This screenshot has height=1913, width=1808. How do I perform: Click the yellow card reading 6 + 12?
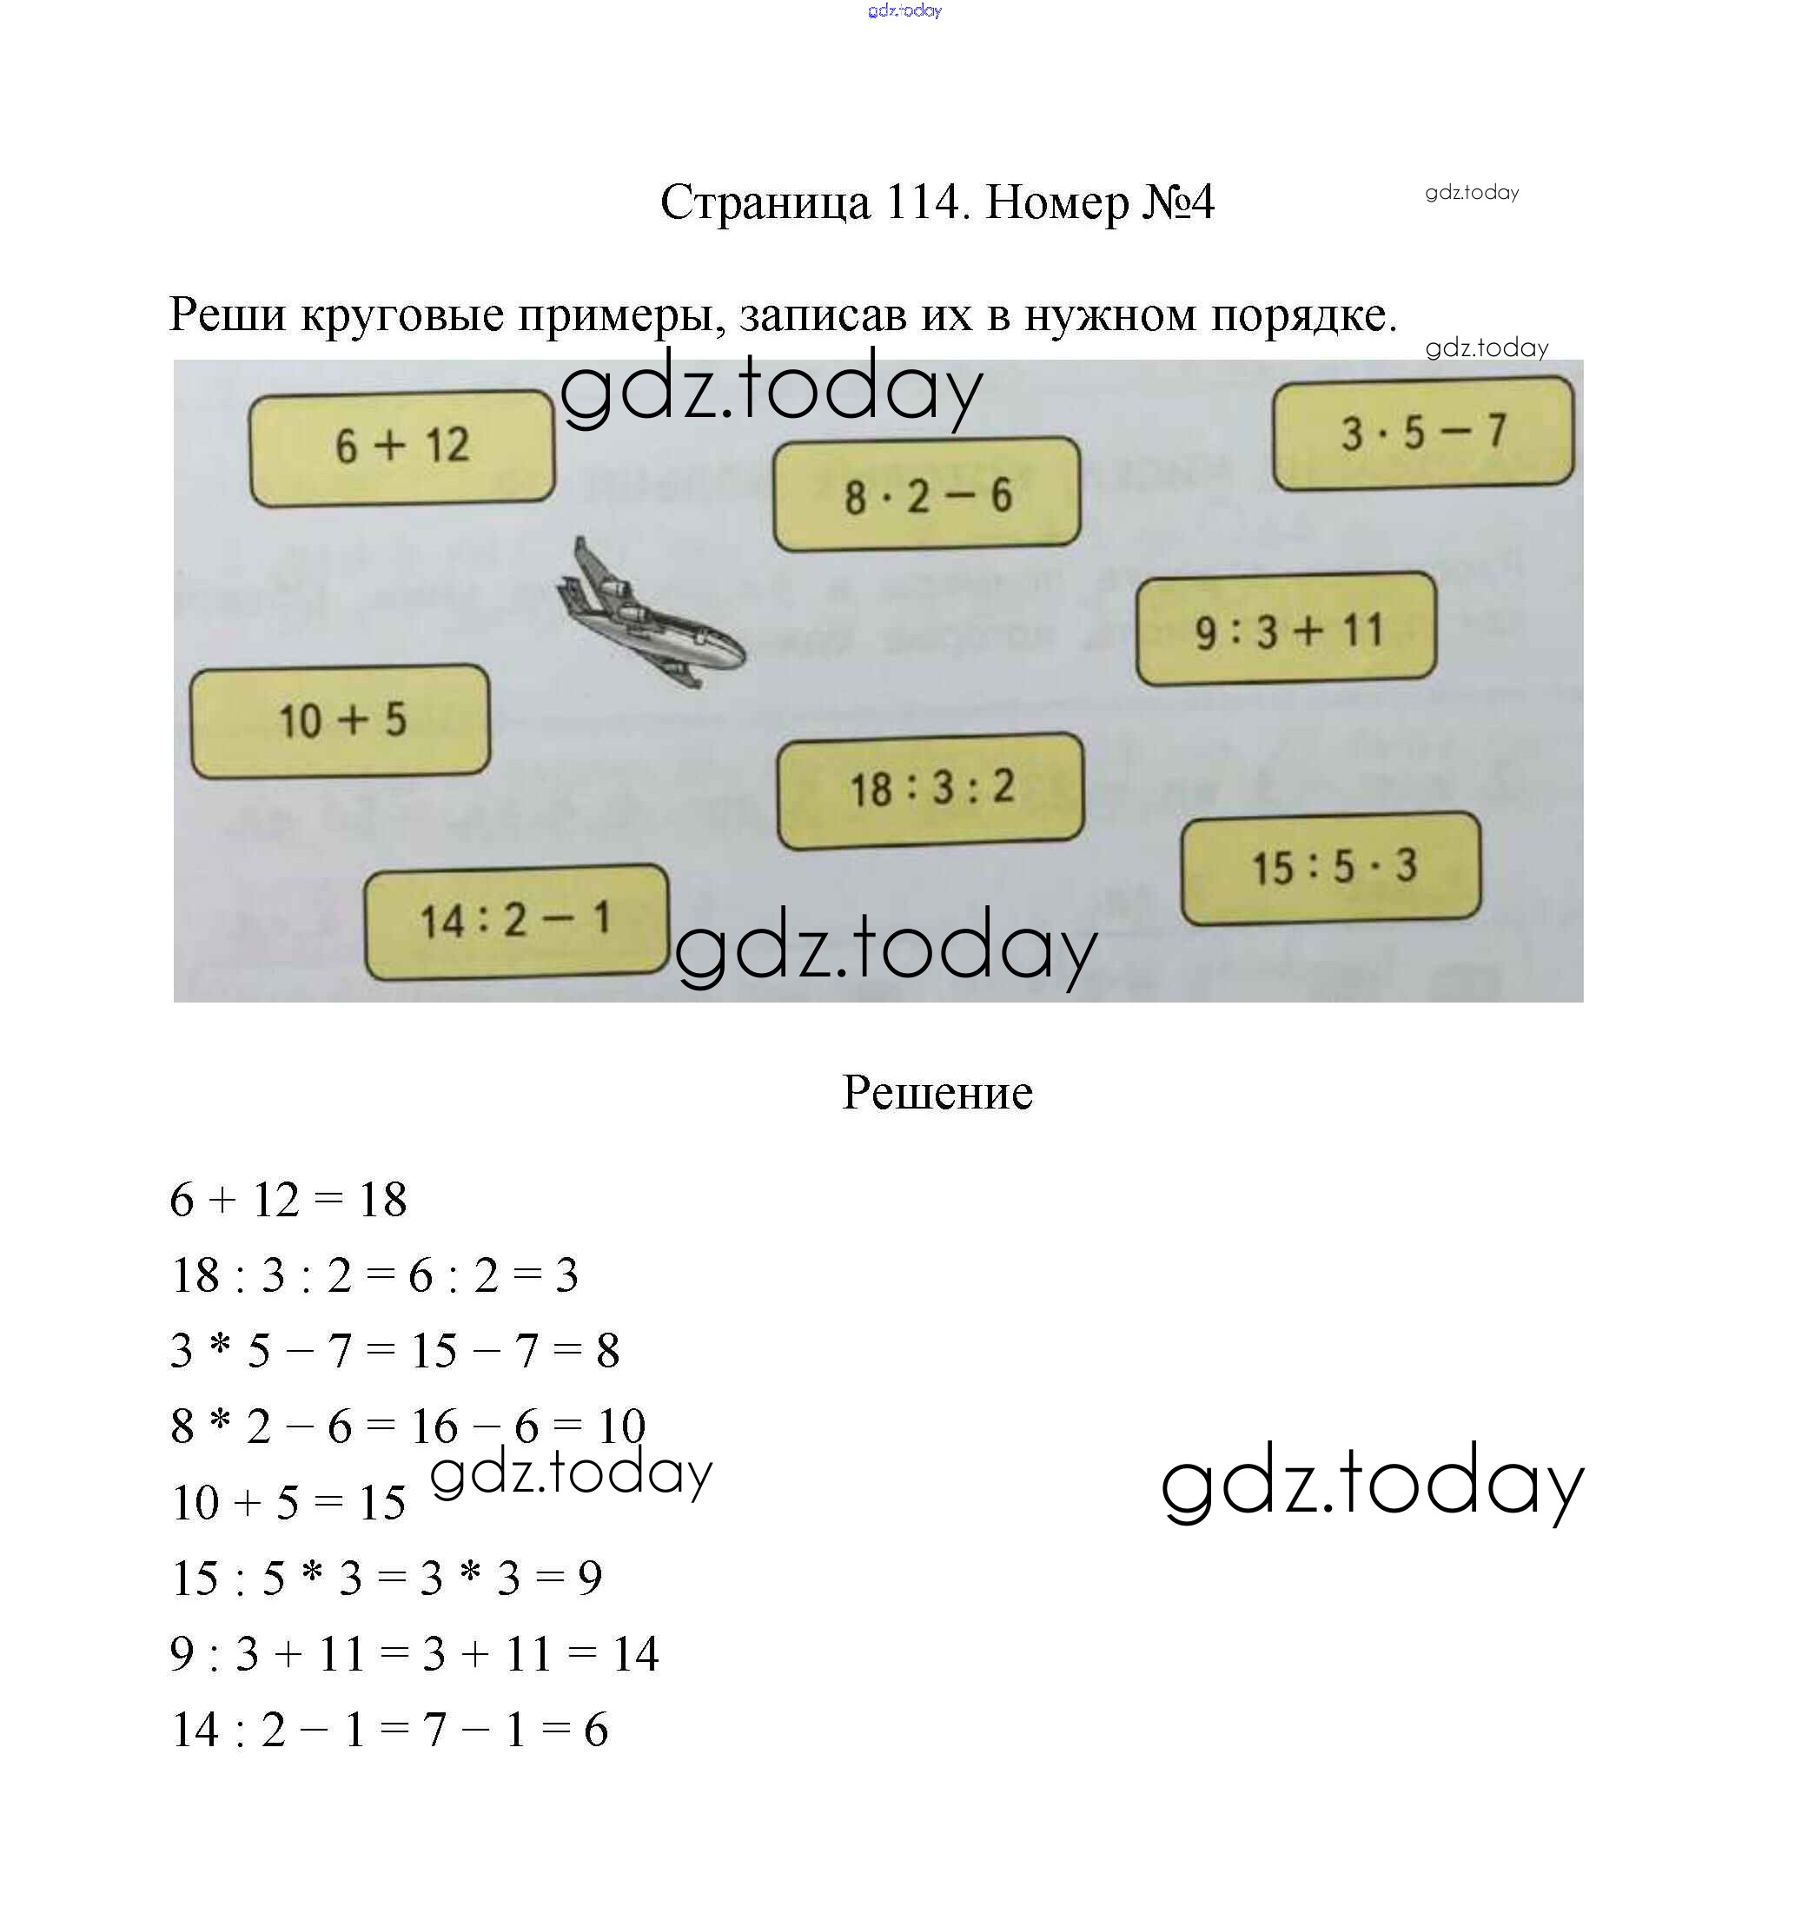[402, 447]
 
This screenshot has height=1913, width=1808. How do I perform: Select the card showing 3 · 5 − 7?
[1422, 433]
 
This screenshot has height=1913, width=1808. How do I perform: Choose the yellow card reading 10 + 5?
[341, 721]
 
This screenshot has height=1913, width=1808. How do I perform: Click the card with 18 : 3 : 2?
[931, 790]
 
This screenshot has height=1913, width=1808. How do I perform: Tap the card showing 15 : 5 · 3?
[1331, 867]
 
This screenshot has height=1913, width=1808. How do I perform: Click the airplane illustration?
[651, 615]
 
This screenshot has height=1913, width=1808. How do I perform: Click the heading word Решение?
[937, 1093]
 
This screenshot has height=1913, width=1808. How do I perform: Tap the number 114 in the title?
[925, 202]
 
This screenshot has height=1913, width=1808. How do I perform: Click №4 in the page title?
[1178, 202]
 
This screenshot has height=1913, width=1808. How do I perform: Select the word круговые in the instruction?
[402, 316]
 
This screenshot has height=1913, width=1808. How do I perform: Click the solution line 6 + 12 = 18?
[288, 1201]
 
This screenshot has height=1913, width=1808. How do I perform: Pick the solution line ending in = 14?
[414, 1654]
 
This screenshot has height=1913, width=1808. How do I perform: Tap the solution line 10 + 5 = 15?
[288, 1502]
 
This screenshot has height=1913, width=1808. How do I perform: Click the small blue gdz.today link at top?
[904, 10]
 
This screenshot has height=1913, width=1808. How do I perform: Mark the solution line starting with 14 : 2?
[389, 1730]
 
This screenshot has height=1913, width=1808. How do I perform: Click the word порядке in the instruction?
[1303, 316]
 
